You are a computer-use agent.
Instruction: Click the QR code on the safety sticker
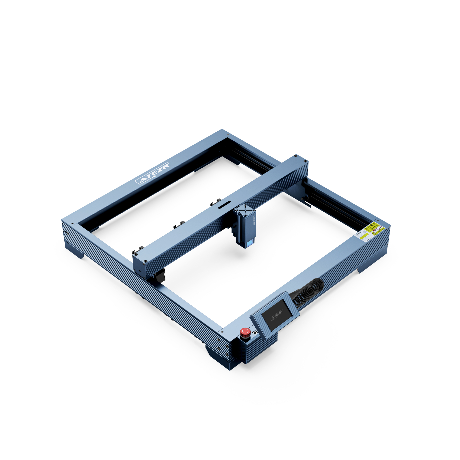tap(365, 232)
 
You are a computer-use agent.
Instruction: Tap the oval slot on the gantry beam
tap(224, 204)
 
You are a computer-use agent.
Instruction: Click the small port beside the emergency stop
tap(255, 332)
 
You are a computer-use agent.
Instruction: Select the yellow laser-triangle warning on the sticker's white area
tap(373, 233)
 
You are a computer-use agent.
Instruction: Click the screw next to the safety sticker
tap(378, 221)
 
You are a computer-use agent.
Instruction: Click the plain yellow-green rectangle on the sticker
tap(364, 236)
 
